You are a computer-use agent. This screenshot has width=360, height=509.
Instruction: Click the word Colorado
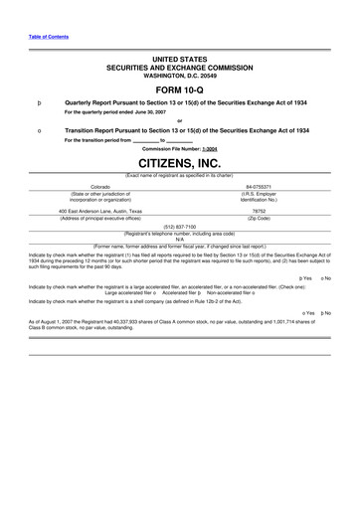[x=99, y=186]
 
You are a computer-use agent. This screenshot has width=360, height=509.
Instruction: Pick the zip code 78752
[x=259, y=211]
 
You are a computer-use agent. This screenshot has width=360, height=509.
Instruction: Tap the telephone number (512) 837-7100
[x=179, y=226]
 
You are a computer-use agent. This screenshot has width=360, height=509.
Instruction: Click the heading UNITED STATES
[x=179, y=60]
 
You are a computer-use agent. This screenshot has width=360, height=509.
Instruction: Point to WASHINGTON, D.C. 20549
[x=179, y=76]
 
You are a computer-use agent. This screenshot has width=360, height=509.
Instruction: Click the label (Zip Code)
[x=259, y=218]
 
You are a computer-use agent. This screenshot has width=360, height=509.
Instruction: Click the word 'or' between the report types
[x=179, y=121]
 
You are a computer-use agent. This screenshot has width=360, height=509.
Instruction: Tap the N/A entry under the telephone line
[x=179, y=239]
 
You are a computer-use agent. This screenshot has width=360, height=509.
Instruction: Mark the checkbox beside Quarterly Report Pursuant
[x=38, y=102]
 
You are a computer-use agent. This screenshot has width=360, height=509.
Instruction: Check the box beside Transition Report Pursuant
[x=38, y=130]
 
